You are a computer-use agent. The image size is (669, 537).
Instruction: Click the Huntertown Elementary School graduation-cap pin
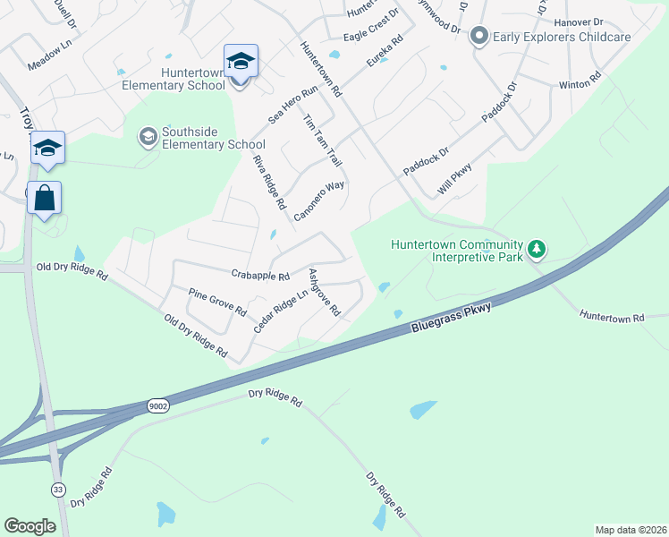pos(241,62)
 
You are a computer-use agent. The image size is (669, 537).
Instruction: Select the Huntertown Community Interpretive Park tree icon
pos(536,248)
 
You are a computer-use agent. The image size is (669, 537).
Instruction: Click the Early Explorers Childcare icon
pos(478,36)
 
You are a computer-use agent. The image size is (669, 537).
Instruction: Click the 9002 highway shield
pos(158,406)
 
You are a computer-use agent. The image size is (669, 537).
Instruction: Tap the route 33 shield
pos(57,490)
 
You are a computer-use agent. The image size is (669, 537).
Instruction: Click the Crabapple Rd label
pos(260,277)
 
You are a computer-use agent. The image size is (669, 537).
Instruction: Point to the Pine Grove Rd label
pos(217,301)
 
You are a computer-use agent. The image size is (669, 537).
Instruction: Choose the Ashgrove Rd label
pos(324,292)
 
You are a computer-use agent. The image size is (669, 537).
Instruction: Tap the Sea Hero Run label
pos(293,104)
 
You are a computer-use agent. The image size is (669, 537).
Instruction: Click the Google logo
pos(30,526)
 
